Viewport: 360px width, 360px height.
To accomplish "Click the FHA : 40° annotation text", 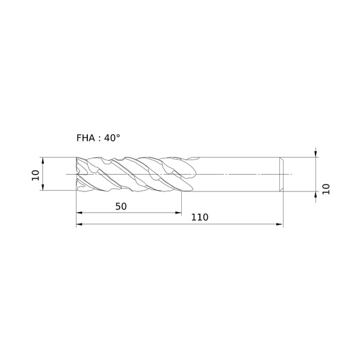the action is click(x=98, y=138).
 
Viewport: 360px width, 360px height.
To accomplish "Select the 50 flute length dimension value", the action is click(x=121, y=206).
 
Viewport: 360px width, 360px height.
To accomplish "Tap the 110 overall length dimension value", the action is click(x=200, y=217).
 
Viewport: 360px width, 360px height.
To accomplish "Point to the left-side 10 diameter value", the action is click(x=36, y=175).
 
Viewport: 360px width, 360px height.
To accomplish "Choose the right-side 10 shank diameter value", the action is click(x=326, y=189).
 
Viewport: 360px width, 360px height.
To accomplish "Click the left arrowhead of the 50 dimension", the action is click(x=79, y=213).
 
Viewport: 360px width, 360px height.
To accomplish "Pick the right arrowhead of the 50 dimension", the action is click(x=178, y=213).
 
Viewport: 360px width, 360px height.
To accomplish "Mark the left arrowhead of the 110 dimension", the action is click(x=79, y=224).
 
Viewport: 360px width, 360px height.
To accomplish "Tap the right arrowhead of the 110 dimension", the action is click(x=280, y=224).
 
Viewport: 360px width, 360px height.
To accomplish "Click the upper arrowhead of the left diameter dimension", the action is click(x=43, y=161).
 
